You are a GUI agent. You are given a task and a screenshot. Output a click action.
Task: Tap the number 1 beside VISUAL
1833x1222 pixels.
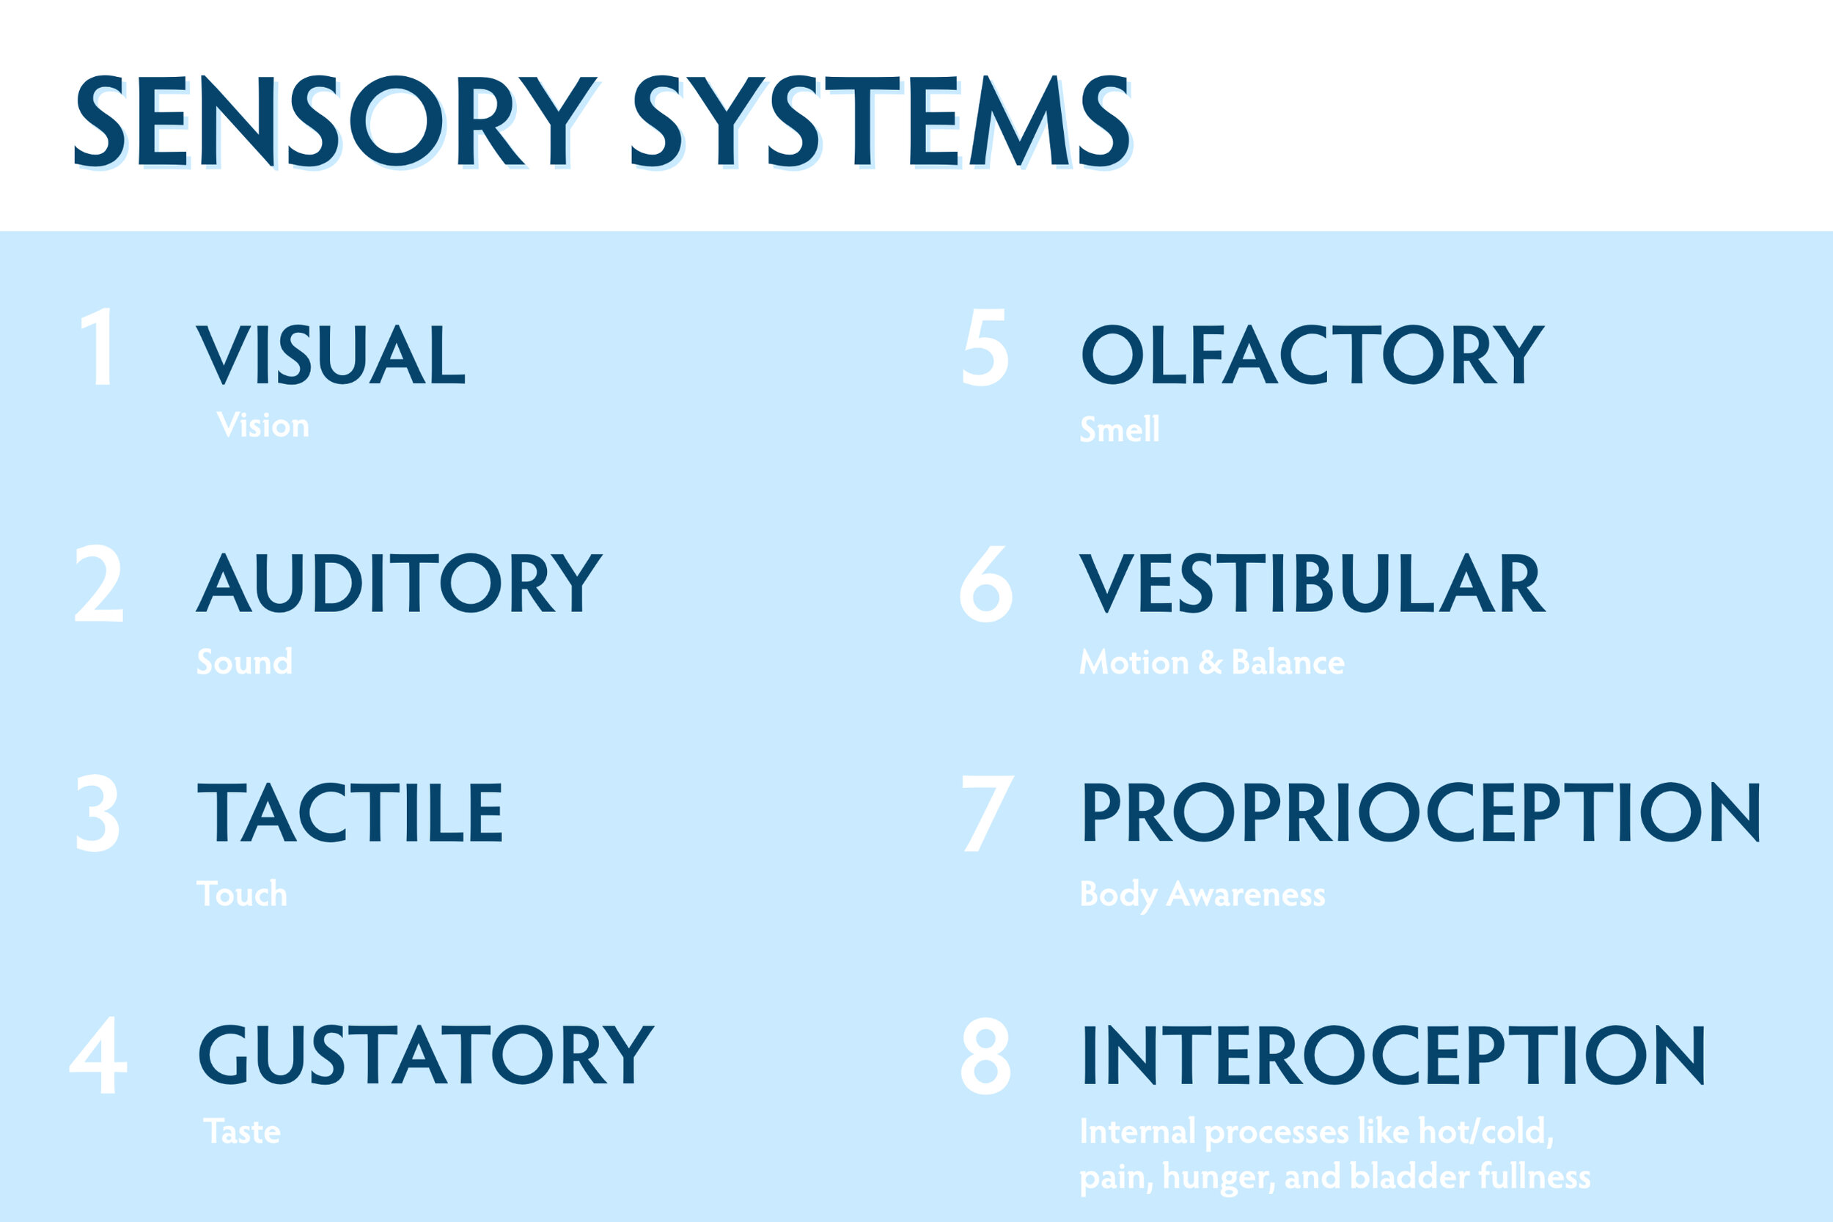(99, 347)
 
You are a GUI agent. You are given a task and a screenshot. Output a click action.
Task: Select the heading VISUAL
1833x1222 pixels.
(331, 355)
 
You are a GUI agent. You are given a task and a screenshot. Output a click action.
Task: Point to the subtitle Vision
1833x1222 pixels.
(262, 425)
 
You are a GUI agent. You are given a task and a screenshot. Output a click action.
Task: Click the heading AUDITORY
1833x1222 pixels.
(399, 583)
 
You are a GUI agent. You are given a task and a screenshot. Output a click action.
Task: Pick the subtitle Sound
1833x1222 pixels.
(245, 662)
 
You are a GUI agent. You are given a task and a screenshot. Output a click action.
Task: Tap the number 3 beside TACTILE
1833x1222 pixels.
(98, 813)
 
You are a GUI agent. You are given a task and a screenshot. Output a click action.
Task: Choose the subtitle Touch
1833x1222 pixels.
(242, 894)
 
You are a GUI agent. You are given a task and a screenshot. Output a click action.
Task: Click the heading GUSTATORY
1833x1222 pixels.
(426, 1054)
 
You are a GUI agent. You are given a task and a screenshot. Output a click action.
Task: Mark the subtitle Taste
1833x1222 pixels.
(242, 1132)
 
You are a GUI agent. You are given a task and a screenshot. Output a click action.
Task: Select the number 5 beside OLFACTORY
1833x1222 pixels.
(985, 347)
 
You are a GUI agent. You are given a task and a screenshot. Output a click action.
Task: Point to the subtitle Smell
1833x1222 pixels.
(1119, 430)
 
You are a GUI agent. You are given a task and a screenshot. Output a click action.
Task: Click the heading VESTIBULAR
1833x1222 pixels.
(1312, 583)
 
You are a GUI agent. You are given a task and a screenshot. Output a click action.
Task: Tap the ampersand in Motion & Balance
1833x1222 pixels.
(1211, 663)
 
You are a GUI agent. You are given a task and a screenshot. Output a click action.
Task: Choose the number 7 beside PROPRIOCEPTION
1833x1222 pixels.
(988, 813)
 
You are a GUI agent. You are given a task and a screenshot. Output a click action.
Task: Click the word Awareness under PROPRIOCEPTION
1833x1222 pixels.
(1246, 894)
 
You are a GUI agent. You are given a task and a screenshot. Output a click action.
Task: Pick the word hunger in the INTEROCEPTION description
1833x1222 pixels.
(1218, 1177)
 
